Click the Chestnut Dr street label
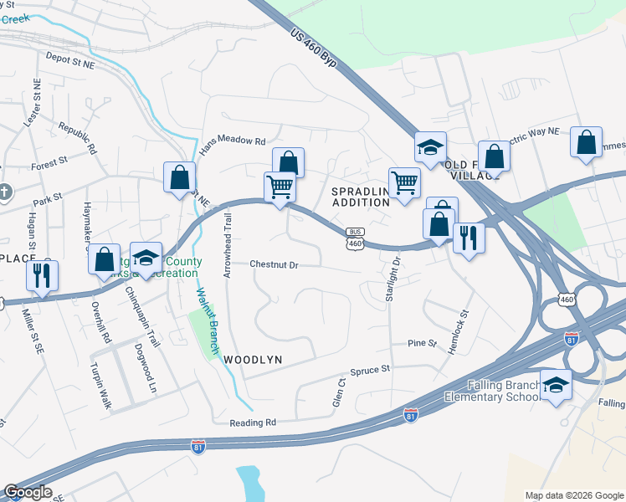coord(275,264)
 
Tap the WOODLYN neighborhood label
coord(252,359)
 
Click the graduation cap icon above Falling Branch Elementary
coord(556,385)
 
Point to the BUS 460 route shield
coord(356,238)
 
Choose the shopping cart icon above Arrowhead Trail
coord(280,187)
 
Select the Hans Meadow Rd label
coord(231,141)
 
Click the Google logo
coord(28,492)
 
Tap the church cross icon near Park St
coord(4,191)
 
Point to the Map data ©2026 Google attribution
coord(574,495)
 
